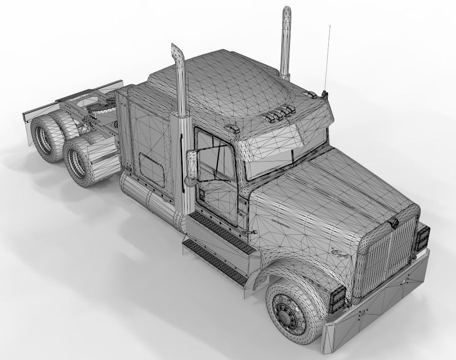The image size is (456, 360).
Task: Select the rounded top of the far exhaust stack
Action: click(287, 12)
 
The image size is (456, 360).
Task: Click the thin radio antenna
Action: click(328, 55)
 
